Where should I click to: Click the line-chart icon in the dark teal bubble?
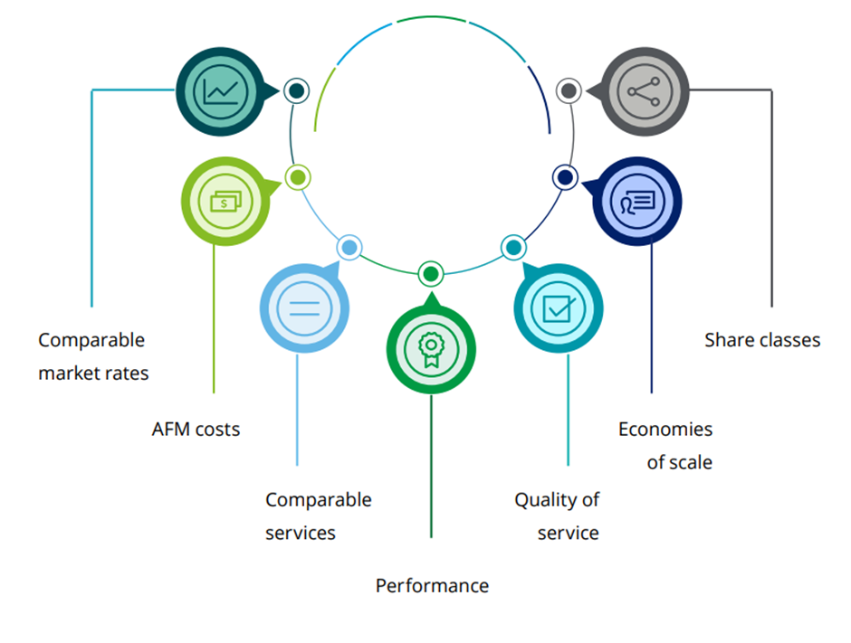(221, 91)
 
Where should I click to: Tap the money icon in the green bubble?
(225, 202)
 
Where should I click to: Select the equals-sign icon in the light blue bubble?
(303, 306)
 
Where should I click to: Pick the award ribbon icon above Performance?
(431, 348)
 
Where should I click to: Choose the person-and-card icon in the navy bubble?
(636, 202)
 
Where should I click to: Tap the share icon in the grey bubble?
(644, 91)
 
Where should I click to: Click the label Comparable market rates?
(92, 356)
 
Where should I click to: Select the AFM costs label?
(196, 430)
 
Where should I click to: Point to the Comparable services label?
(318, 516)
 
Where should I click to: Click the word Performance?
(432, 586)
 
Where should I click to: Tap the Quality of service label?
(557, 516)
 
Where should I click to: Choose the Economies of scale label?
(665, 446)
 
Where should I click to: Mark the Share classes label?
(762, 341)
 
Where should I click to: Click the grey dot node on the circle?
(569, 90)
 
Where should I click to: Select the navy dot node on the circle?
(566, 177)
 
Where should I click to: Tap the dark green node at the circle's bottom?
(431, 273)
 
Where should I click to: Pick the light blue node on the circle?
(349, 247)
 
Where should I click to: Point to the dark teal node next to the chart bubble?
(296, 90)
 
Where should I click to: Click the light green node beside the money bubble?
(298, 177)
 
